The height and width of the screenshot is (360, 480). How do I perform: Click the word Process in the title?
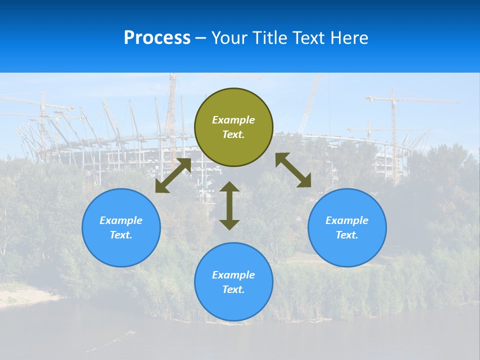click(157, 38)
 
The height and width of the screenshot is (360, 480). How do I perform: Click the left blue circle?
click(121, 227)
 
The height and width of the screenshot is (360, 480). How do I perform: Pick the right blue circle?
click(347, 227)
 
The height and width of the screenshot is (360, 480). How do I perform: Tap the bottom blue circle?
click(233, 282)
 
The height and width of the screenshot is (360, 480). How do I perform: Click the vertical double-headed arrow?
click(229, 205)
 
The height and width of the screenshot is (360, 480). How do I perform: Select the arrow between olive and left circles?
click(173, 175)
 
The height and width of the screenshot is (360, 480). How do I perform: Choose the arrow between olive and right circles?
click(293, 170)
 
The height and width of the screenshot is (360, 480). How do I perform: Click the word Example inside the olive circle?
click(233, 120)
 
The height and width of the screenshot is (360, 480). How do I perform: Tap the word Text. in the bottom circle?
click(233, 289)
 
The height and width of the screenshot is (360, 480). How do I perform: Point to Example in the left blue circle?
click(121, 220)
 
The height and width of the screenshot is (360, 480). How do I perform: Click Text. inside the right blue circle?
click(347, 235)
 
